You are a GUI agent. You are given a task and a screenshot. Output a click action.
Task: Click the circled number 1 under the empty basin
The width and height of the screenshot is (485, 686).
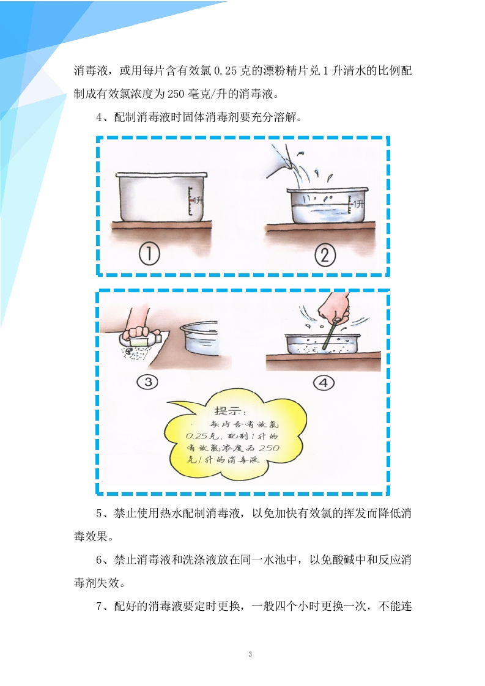(149, 254)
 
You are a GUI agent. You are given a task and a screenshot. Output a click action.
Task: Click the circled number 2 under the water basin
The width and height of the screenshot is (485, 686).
(325, 255)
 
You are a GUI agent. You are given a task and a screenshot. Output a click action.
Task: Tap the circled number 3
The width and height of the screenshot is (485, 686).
(148, 382)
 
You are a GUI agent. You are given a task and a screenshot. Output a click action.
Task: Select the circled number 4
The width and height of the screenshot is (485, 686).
(324, 383)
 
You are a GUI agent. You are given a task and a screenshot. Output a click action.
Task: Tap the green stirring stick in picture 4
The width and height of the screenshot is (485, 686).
(330, 334)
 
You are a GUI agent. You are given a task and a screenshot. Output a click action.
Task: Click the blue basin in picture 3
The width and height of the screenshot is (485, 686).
(200, 336)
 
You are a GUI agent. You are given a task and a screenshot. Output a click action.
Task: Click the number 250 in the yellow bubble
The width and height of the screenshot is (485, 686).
(268, 448)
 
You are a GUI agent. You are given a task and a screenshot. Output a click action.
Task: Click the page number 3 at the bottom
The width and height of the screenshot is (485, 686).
(250, 654)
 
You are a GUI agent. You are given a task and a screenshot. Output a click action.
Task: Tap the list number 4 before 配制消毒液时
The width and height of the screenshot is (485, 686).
(99, 117)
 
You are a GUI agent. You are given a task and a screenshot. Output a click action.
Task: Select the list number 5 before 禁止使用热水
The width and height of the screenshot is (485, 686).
(99, 513)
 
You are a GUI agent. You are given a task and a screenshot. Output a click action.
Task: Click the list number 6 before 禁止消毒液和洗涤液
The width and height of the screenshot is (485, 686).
(99, 559)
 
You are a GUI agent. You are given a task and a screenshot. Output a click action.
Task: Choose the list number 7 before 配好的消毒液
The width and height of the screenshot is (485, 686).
(99, 606)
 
